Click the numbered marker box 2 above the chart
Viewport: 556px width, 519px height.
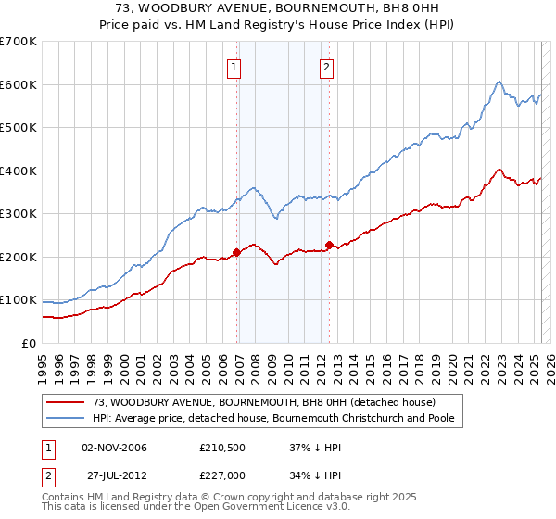click(x=328, y=66)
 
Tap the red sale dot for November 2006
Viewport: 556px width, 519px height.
click(x=237, y=252)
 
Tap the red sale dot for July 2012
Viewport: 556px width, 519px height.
click(x=330, y=246)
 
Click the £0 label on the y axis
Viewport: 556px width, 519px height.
click(x=30, y=343)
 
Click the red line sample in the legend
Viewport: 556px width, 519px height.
click(x=67, y=401)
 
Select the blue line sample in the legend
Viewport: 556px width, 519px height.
click(x=67, y=418)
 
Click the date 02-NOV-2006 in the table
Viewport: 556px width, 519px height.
click(x=115, y=448)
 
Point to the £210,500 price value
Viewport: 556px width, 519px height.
click(x=221, y=448)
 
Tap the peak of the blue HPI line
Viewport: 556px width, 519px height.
click(x=499, y=82)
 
